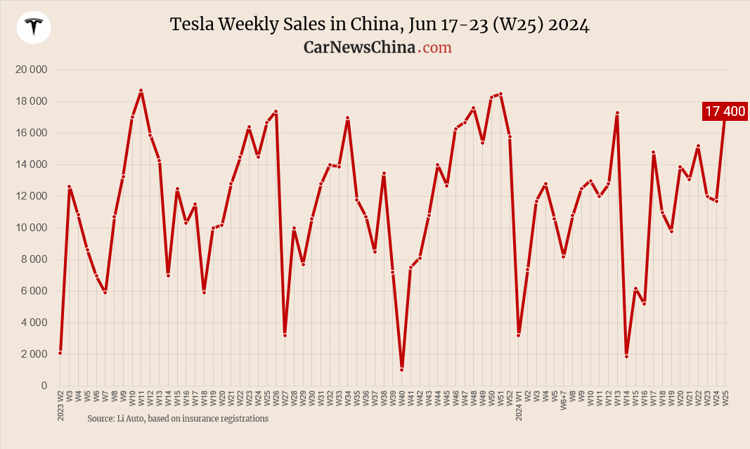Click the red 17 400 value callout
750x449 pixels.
click(x=725, y=111)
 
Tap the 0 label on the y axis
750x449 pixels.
click(x=43, y=386)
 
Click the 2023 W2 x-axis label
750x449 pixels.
click(x=60, y=405)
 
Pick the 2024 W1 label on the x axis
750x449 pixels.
click(x=518, y=405)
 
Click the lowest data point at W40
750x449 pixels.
click(x=401, y=370)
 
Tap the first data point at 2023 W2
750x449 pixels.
click(x=60, y=353)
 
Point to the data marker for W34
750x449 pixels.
click(x=347, y=118)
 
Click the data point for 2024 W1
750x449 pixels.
click(x=518, y=335)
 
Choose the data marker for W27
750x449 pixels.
click(x=285, y=335)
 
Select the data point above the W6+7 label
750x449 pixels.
click(x=564, y=256)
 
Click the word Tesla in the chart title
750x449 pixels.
click(x=193, y=25)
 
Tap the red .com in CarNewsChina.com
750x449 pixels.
click(x=435, y=47)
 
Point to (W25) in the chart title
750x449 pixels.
click(x=519, y=25)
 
